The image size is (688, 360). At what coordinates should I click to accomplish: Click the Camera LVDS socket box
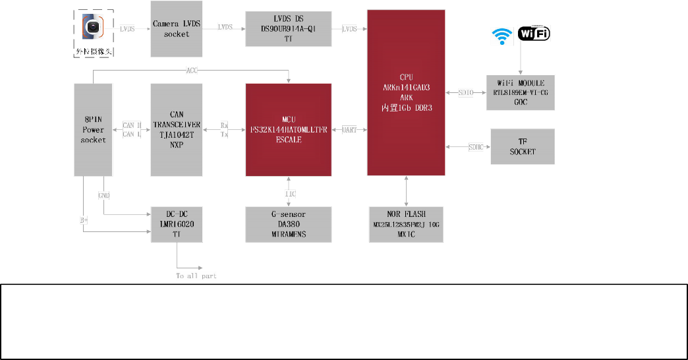point(176,28)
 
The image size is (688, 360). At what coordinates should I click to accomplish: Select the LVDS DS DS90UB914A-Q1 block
point(288,28)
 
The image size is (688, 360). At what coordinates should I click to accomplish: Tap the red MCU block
point(288,129)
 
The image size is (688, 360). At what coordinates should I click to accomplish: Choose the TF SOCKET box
point(523,146)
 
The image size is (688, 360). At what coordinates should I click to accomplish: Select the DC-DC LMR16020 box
point(176,224)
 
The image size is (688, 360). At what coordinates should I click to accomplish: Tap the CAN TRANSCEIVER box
point(176,129)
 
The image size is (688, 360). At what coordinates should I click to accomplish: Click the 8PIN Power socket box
point(92,129)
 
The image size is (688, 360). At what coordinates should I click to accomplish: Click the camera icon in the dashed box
point(95,27)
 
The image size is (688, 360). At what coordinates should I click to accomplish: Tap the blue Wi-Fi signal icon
point(503,36)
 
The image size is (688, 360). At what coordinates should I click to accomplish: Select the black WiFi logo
point(534,34)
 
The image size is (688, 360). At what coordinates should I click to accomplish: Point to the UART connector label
point(349,130)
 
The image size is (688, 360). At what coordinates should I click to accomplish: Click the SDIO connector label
point(466,93)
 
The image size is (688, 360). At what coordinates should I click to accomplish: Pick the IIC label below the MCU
point(290,193)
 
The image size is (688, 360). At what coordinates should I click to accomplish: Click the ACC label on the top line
point(192,70)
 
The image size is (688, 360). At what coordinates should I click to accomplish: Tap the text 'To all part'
point(196,276)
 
